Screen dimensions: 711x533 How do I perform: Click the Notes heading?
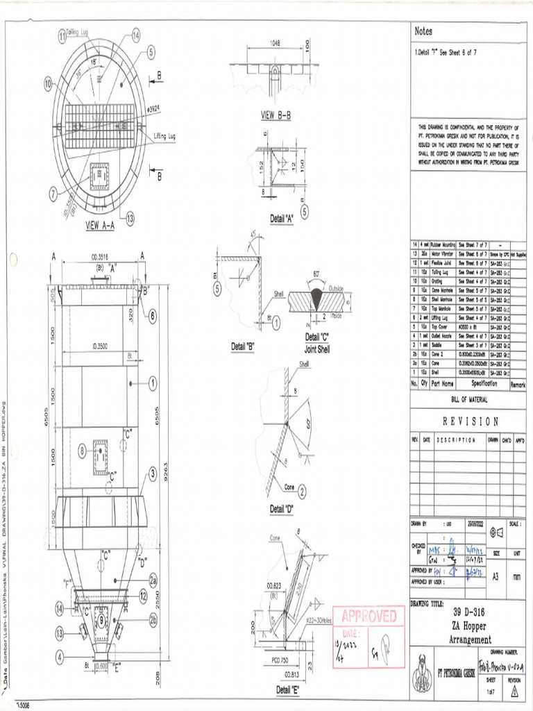(423, 31)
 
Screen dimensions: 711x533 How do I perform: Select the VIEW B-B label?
(275, 115)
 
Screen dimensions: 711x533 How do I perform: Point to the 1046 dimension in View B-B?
(275, 43)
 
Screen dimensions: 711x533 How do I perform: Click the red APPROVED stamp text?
(369, 617)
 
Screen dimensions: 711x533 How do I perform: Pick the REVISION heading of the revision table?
(470, 421)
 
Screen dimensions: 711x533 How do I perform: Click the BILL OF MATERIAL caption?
(469, 400)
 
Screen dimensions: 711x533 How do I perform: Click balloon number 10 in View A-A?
(49, 84)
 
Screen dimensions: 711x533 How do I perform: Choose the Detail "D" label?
(282, 509)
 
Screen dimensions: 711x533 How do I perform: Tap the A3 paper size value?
(495, 576)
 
